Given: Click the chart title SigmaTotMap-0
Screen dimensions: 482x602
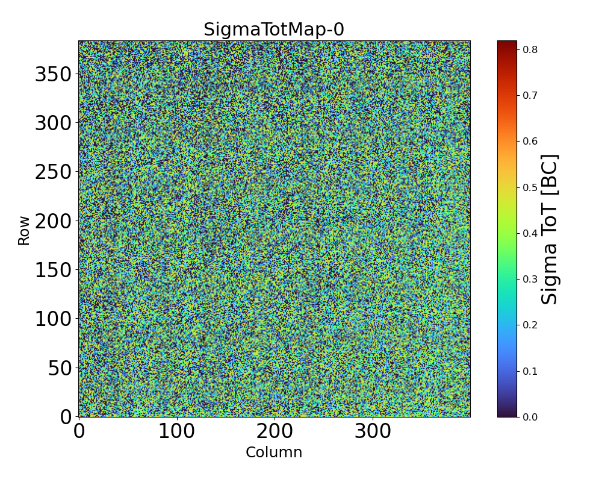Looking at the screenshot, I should [x=274, y=30].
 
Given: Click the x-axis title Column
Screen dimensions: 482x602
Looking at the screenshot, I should [x=274, y=452].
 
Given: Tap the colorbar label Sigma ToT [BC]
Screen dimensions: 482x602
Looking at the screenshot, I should [x=550, y=229].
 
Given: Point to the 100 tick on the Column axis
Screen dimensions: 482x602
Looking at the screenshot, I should [x=177, y=431].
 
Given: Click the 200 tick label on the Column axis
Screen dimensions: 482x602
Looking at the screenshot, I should [x=275, y=431].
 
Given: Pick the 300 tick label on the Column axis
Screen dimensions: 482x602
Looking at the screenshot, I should [x=373, y=431].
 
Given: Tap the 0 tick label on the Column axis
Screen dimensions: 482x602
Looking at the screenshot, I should [x=79, y=431].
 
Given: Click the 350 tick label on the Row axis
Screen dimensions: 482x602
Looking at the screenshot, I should [x=53, y=75].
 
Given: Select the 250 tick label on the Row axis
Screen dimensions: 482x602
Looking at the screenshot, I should [x=53, y=172].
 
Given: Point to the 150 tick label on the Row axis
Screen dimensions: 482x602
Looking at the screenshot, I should [x=53, y=270].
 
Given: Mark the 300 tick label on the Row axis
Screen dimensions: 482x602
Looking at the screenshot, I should [x=53, y=124].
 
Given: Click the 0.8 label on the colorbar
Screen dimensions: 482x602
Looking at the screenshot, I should [x=530, y=49].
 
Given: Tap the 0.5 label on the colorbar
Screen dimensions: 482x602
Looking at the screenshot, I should [x=530, y=187].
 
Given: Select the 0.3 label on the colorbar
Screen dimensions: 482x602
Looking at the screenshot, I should [x=530, y=279].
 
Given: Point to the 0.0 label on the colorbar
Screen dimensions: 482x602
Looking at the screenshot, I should [x=530, y=417].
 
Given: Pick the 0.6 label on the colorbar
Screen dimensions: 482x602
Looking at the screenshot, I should [x=530, y=141].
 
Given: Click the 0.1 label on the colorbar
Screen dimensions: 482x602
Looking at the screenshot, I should [x=530, y=371].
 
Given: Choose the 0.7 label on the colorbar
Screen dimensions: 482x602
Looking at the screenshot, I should [x=530, y=95].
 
